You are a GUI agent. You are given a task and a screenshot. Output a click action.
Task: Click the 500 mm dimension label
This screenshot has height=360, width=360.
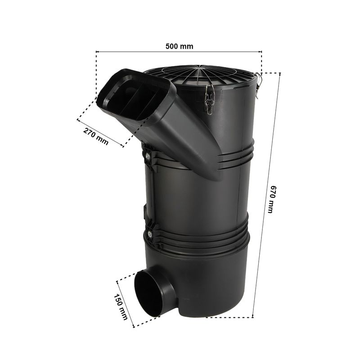click(179, 46)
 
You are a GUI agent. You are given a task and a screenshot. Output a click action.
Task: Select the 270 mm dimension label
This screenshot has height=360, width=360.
click(95, 136)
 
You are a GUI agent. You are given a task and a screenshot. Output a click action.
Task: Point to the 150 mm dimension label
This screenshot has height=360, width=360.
click(121, 307)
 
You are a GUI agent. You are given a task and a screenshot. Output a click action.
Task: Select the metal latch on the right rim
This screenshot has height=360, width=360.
click(258, 84)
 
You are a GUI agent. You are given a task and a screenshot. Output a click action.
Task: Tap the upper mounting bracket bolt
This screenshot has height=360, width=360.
click(148, 157)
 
